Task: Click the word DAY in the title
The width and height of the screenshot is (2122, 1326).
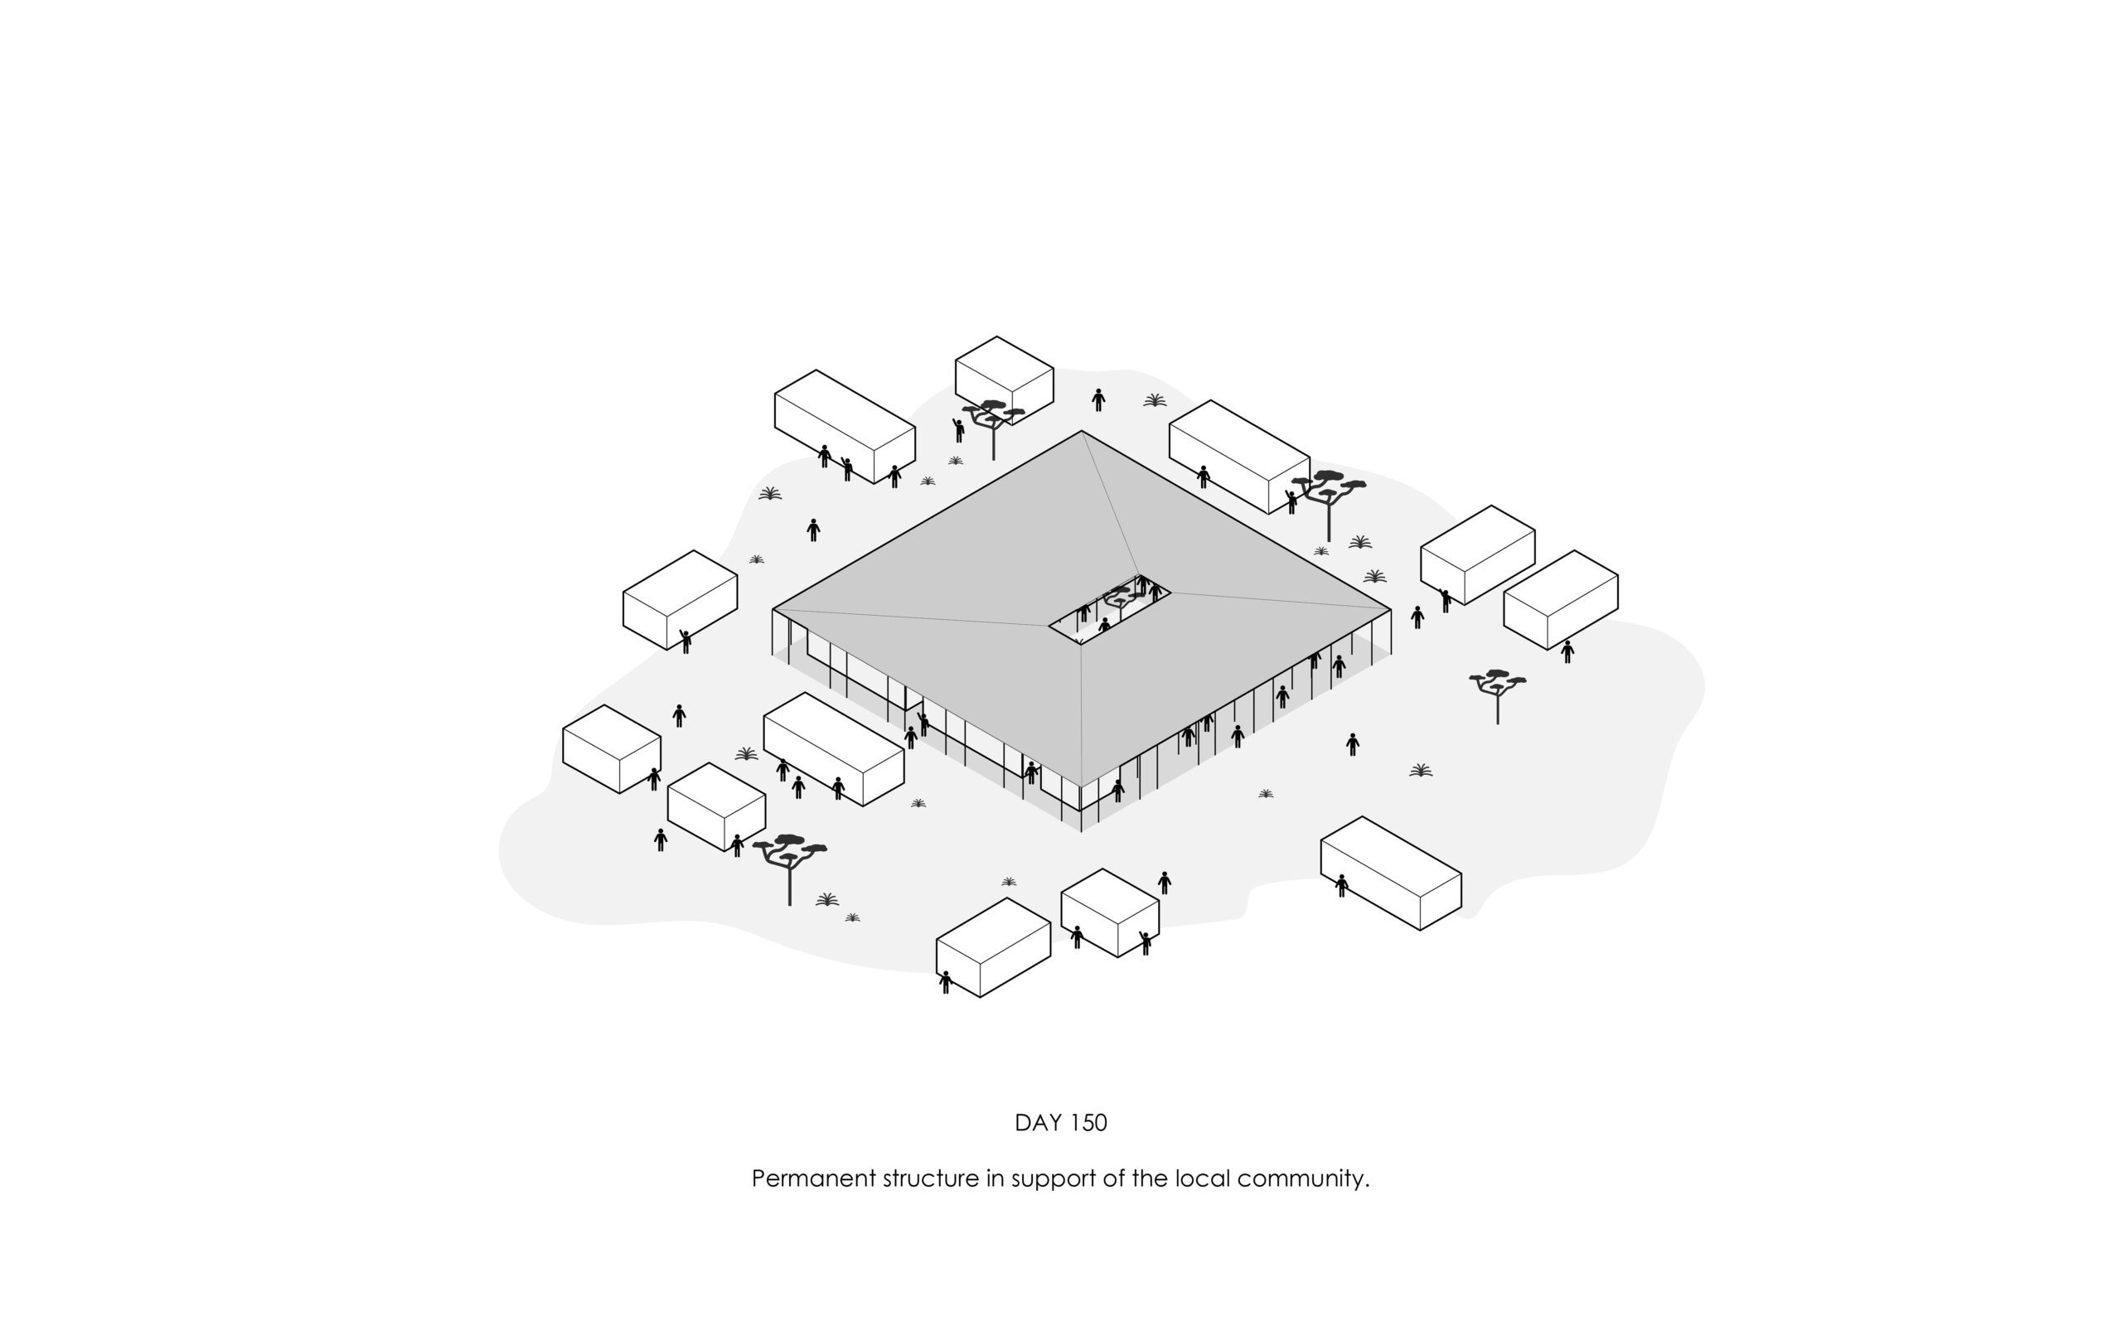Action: coord(1037,1124)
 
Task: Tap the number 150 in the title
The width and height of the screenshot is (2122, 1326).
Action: coord(1088,1124)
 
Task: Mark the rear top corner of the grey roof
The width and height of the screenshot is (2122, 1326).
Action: coord(1081,432)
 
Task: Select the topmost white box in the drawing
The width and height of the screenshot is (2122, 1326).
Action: coord(1004,377)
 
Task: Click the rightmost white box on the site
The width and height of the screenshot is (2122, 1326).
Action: coord(1561,600)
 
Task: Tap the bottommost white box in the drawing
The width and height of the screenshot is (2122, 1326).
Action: coord(994,947)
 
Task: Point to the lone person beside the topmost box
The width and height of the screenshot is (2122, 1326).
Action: coord(1097,400)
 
